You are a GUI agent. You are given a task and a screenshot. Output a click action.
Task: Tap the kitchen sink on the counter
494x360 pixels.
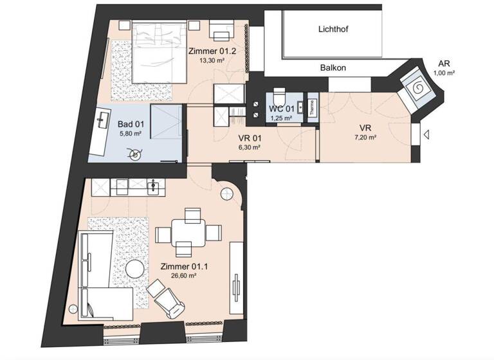(x=152, y=188)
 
